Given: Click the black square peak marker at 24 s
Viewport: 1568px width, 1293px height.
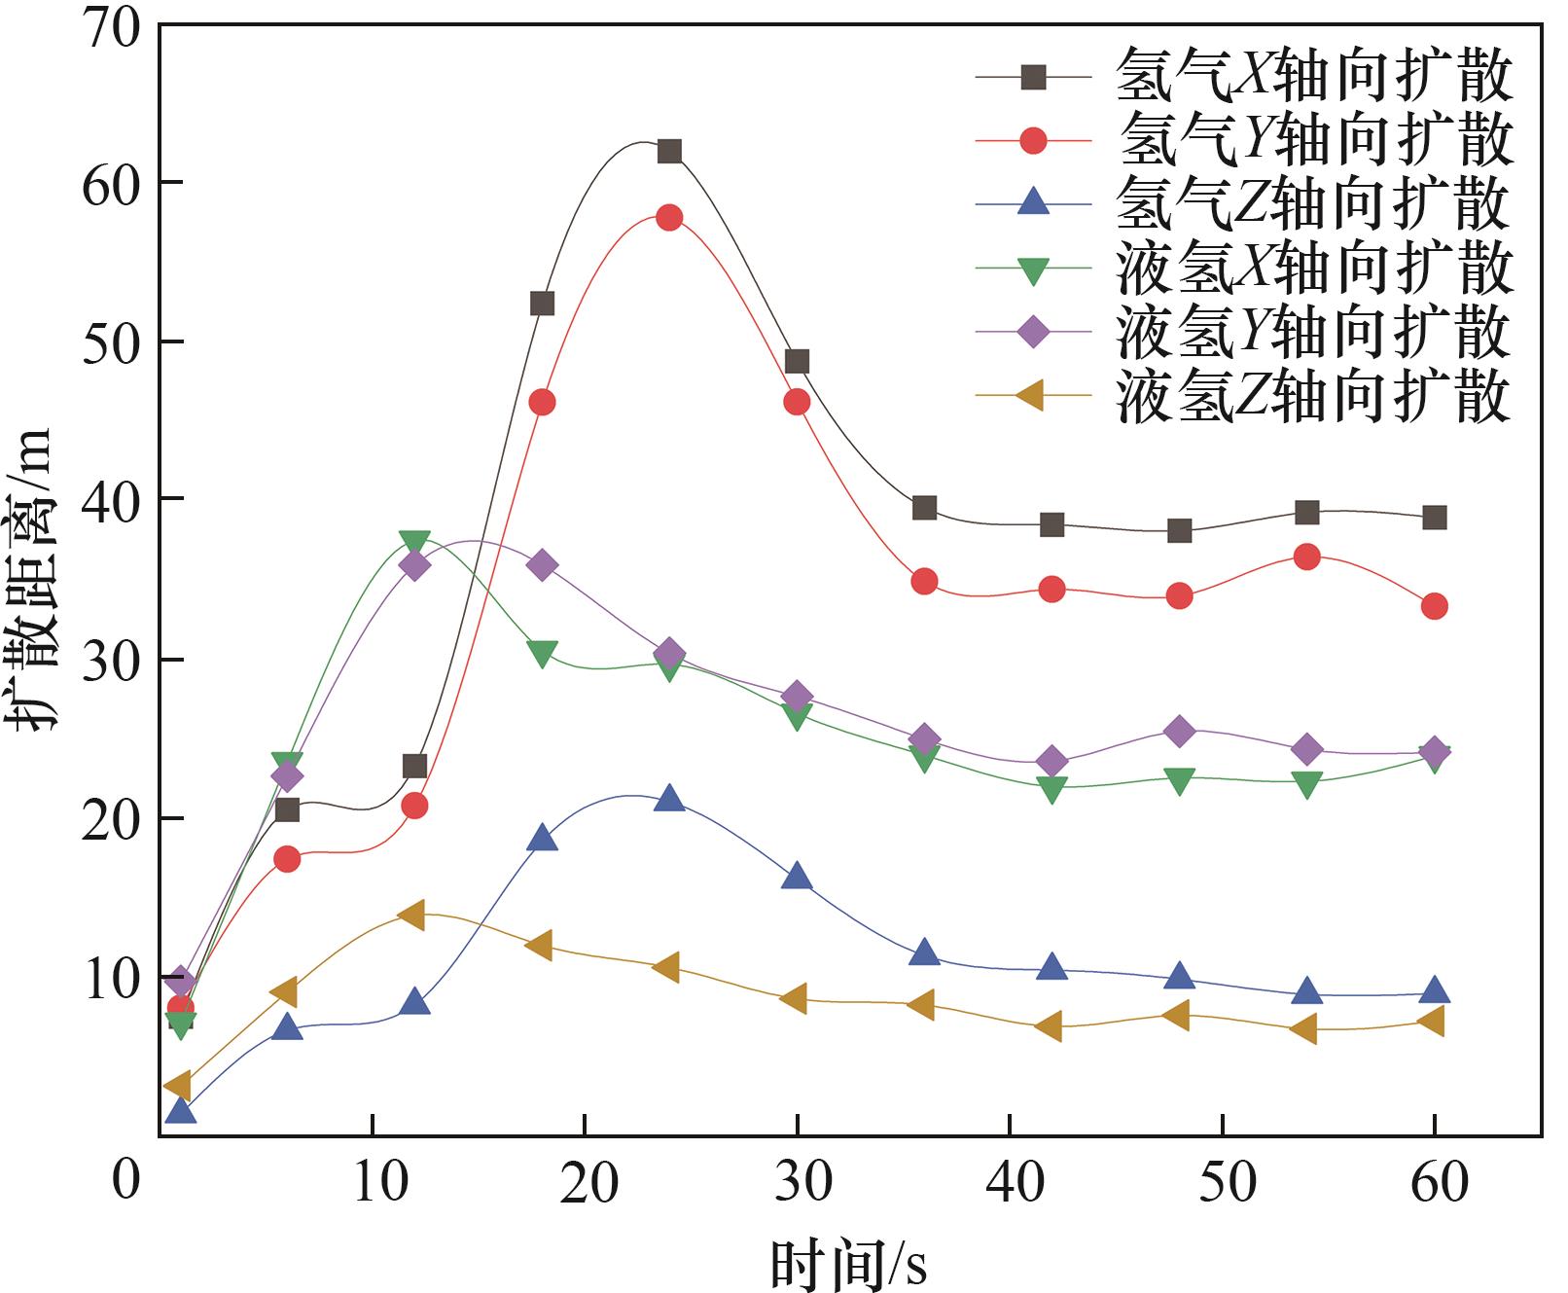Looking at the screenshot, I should point(669,151).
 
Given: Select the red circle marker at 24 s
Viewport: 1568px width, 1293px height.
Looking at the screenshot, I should point(669,217).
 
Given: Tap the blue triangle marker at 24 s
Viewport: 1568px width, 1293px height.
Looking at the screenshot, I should point(669,799).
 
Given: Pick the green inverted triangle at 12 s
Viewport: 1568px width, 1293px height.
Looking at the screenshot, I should point(414,543).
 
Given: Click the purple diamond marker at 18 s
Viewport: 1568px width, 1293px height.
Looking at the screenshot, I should point(542,565).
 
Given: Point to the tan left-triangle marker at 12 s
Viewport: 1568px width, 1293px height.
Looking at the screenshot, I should point(410,915).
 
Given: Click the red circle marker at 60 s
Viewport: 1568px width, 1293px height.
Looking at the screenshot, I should point(1434,606).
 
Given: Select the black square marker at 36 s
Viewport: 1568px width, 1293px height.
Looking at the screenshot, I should point(924,508).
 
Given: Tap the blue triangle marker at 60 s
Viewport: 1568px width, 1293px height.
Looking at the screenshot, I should point(1434,990).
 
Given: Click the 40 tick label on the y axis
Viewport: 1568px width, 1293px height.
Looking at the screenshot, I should point(112,498).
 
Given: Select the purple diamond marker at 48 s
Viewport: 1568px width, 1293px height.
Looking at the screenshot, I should point(1179,732).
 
